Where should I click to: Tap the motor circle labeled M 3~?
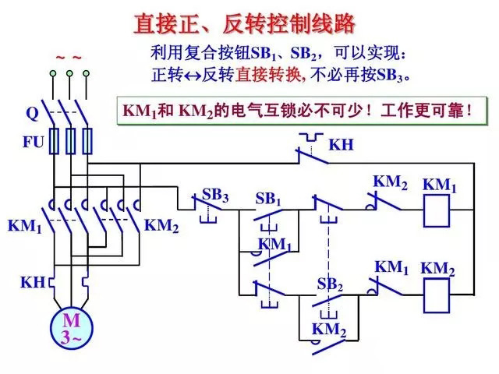[71, 328]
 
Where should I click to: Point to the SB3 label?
[215, 195]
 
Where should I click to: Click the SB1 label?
[268, 199]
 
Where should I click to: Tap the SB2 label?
[330, 284]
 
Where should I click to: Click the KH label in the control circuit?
[341, 145]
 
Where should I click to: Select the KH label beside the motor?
[33, 283]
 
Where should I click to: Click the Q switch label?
[32, 113]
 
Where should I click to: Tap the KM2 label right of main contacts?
[162, 226]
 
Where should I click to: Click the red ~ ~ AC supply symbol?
[69, 58]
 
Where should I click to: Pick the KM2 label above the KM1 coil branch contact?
[390, 182]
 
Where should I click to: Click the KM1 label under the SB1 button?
[275, 245]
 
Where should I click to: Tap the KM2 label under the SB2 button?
[329, 330]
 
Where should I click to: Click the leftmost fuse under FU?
[54, 142]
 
